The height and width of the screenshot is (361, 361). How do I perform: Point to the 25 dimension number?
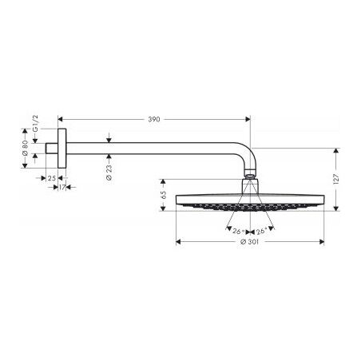coord(51,178)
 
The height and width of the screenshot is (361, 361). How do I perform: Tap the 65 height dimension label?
coord(163,194)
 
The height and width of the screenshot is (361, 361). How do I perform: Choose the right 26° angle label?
coord(260,232)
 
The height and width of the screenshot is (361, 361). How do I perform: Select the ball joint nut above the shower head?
coord(249,179)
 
